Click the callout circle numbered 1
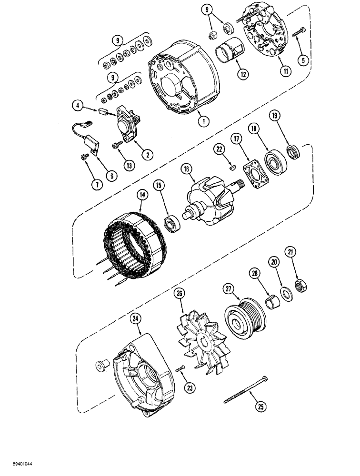203,121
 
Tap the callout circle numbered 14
141,195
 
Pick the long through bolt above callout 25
247,390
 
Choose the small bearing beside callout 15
171,222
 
